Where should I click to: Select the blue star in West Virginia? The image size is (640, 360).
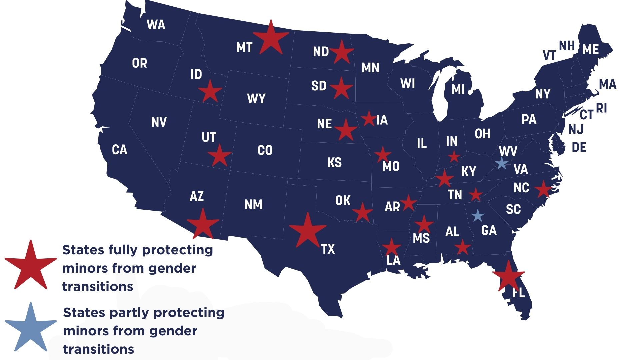point(502,163)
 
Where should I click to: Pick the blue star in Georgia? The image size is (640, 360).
point(478,216)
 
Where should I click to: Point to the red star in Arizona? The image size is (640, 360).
point(203,224)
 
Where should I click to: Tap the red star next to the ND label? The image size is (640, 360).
point(342,52)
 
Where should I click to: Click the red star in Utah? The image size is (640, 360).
point(219,156)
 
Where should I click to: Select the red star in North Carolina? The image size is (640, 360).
point(543,189)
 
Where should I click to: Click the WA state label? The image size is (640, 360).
point(156,25)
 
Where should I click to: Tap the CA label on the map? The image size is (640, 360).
point(120,150)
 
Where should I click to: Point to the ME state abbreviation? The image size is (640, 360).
point(591,50)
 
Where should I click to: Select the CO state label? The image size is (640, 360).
point(265,150)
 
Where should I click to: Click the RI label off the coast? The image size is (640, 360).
point(602,108)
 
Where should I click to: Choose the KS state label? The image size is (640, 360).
point(334,163)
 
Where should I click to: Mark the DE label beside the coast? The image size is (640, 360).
point(579,147)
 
